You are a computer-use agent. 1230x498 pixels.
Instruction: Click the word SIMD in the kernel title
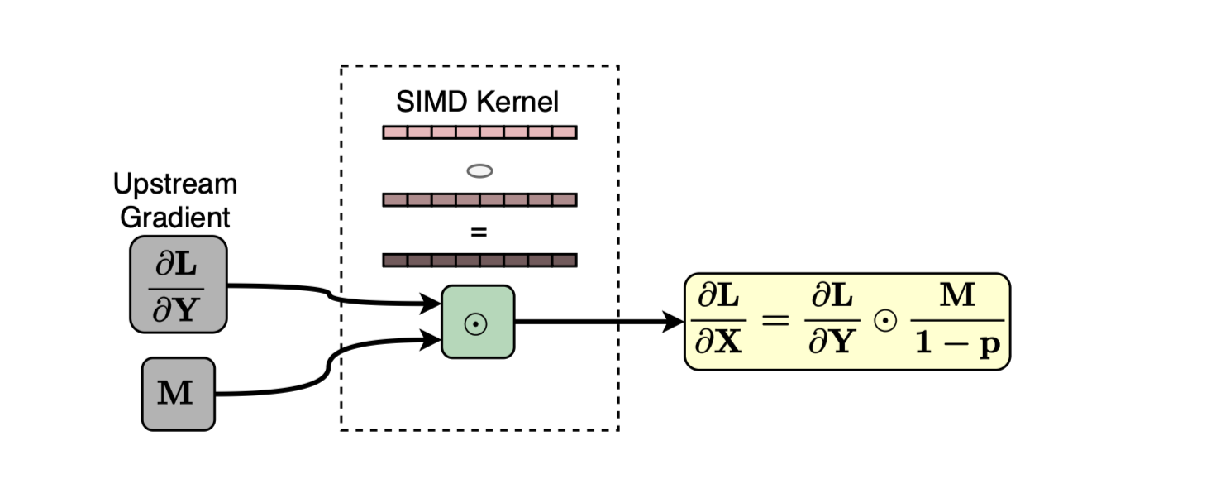(x=431, y=102)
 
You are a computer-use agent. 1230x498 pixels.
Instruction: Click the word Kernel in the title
(x=517, y=102)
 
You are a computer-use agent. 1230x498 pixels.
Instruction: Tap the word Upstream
(x=175, y=184)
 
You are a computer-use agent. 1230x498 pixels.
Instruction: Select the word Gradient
(x=175, y=217)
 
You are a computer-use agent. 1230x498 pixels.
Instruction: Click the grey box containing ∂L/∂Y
(x=179, y=285)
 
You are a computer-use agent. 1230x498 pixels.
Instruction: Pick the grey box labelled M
(x=179, y=394)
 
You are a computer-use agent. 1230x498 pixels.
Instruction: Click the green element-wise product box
(x=479, y=322)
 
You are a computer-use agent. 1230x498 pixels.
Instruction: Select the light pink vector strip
(x=480, y=132)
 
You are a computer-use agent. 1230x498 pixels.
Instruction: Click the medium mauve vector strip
(x=480, y=199)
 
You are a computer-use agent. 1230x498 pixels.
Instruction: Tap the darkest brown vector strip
(x=480, y=260)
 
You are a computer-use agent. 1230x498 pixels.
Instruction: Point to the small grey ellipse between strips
(x=480, y=171)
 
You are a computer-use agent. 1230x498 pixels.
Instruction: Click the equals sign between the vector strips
(x=479, y=233)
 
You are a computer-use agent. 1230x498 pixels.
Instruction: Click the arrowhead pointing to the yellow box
(x=673, y=322)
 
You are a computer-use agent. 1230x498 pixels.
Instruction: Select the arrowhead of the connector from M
(x=431, y=340)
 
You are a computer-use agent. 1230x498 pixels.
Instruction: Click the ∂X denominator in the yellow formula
(x=719, y=342)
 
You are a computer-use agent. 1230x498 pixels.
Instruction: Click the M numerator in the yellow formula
(x=958, y=295)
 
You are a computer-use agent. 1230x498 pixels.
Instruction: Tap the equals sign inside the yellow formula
(x=775, y=320)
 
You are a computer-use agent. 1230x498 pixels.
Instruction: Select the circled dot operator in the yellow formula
(x=885, y=321)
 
